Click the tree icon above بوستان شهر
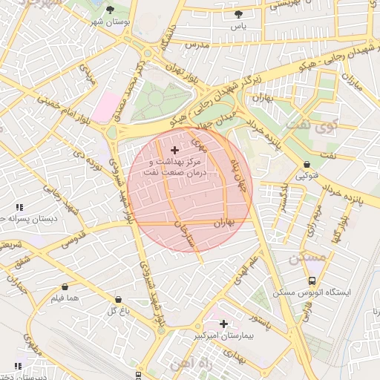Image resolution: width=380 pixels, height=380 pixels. pos(111,10)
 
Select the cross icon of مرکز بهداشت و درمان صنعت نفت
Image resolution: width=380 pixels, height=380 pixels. pos(174,151)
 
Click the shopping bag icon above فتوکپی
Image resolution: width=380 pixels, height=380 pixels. pos(307,164)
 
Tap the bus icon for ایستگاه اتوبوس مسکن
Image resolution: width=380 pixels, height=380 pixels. pos(312,281)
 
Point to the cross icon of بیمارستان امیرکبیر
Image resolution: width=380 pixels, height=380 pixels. pos(223,324)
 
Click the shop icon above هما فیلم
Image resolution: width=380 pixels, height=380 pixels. pos(65,286)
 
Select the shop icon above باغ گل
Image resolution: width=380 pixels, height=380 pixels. pos(118,299)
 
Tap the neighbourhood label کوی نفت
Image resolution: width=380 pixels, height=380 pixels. pos(321,126)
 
